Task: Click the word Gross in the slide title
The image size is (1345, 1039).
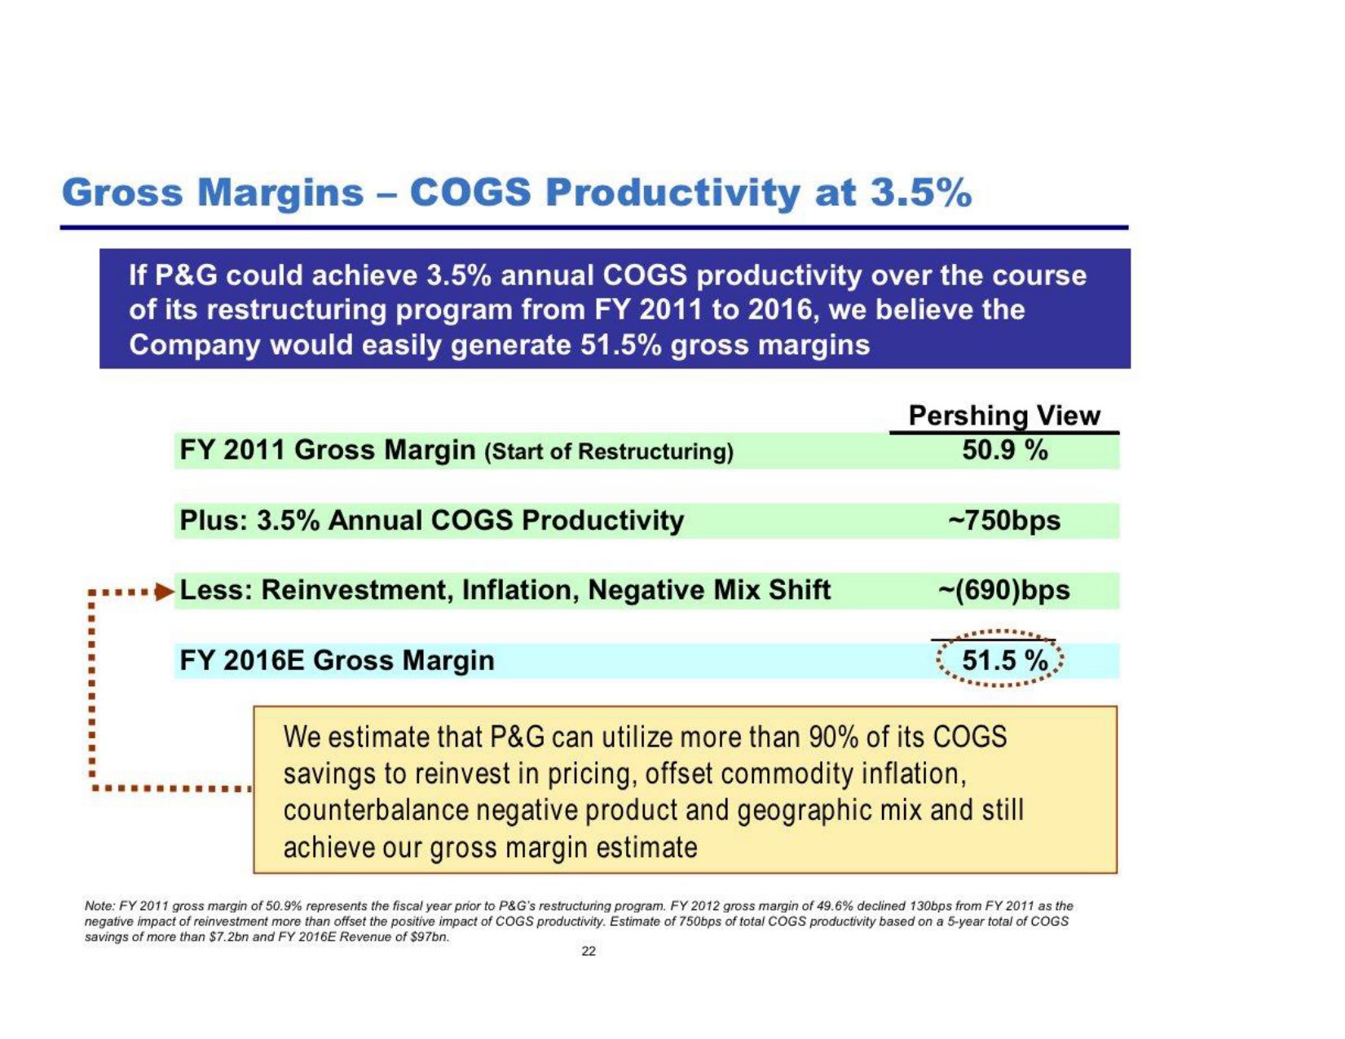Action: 123,193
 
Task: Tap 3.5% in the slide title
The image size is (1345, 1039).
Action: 921,193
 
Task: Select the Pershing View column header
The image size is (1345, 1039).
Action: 1004,416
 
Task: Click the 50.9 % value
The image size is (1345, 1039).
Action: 1004,450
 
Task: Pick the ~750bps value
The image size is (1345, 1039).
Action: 1005,520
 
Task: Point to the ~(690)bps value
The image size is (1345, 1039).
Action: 1004,590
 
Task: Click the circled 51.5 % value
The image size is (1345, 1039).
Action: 1004,660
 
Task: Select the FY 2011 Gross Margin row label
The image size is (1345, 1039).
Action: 327,450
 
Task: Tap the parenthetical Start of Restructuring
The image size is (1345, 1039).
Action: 609,451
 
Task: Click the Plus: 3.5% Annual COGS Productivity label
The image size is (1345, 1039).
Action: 431,520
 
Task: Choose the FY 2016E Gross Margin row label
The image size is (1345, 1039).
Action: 337,660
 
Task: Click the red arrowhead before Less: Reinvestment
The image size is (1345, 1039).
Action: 165,590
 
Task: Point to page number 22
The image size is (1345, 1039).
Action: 589,951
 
